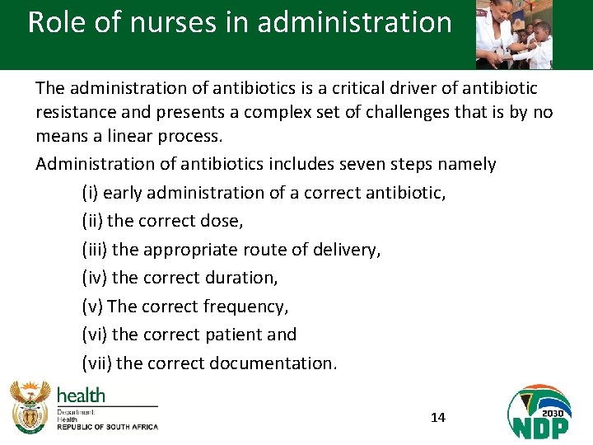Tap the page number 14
point(438,418)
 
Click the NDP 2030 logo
point(539,412)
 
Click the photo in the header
point(514,34)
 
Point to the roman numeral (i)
point(90,193)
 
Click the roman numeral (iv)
point(94,278)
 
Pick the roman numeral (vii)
point(97,363)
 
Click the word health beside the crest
point(81,395)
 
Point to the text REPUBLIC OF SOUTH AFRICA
point(107,427)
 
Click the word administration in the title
point(354,22)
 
